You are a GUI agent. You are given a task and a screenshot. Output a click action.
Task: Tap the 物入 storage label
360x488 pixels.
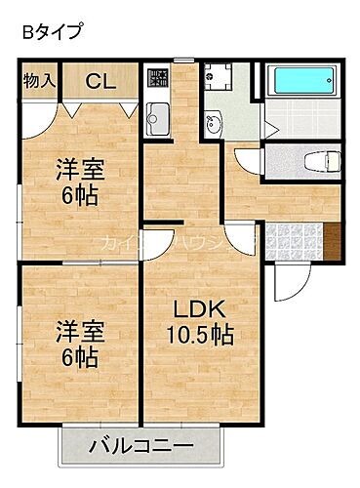[x=38, y=80]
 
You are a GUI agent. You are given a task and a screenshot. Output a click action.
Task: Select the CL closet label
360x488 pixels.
[x=100, y=82]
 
